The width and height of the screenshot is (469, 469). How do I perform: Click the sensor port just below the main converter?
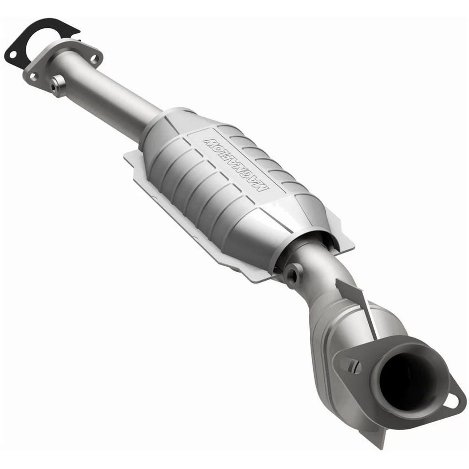(294, 276)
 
